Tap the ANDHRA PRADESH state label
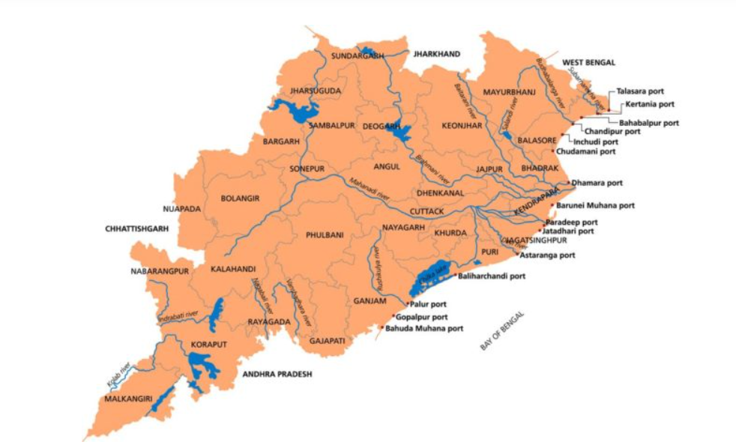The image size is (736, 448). coord(276,373)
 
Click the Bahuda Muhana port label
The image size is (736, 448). coord(424,328)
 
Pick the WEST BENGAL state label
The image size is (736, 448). coord(588,61)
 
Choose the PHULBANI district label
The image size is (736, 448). coord(325,235)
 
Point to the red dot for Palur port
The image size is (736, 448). coord(406,304)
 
